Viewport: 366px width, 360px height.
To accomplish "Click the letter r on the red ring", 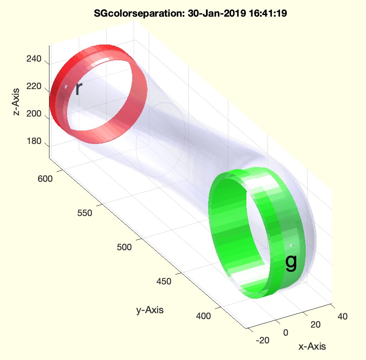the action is [79, 89].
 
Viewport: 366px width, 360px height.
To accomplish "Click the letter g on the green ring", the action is [291, 263].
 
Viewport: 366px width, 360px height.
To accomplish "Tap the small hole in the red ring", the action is [66, 87].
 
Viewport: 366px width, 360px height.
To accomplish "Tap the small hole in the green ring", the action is [291, 245].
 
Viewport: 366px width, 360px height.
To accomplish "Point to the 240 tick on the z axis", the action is [34, 59].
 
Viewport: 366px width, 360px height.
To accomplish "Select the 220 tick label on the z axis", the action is [34, 86].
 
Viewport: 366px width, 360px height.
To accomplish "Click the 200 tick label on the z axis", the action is [34, 114].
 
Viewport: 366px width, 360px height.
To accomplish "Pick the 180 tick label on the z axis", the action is [34, 141].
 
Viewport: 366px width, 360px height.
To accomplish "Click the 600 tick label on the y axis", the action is [45, 179].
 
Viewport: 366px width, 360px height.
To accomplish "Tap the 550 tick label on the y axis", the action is [85, 213].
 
